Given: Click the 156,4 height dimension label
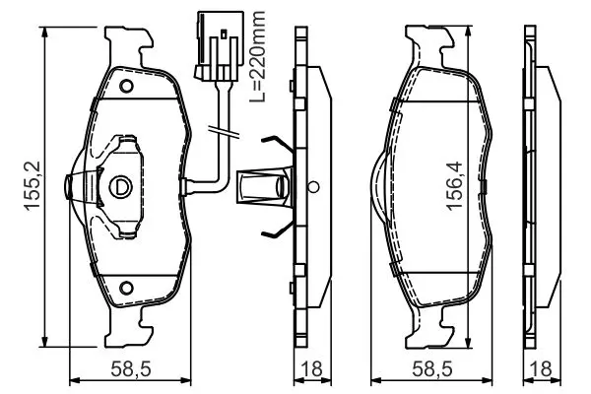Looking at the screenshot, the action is (x=454, y=185).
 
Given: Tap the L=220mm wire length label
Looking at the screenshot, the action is (x=257, y=56).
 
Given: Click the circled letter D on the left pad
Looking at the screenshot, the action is (x=120, y=186).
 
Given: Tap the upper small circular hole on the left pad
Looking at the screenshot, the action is (x=126, y=86).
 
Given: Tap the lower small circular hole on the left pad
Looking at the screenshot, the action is (x=126, y=288).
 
